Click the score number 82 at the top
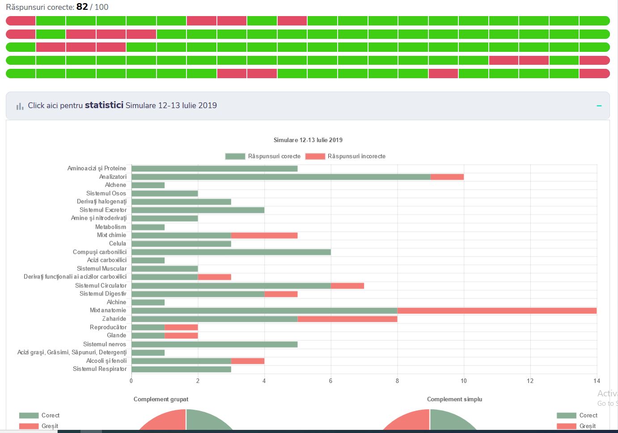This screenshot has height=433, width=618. coord(82,7)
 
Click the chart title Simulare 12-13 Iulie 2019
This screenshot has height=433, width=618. coord(308,140)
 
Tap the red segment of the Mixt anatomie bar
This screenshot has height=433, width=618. coord(496,311)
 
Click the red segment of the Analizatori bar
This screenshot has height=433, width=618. coord(447,177)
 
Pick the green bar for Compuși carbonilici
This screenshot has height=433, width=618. coord(231,252)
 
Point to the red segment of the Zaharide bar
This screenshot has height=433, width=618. coord(347,319)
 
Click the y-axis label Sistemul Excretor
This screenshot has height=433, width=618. coord(103,210)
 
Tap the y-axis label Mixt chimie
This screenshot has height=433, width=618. coord(111,235)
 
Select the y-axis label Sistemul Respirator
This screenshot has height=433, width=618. coord(100,369)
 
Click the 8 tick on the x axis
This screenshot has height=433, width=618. coord(397,381)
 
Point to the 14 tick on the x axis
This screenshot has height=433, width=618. coord(597,381)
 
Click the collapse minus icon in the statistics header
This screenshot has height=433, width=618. coord(599,106)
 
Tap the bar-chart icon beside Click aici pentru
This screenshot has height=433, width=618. coord(20,106)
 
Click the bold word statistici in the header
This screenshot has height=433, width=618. coord(104,105)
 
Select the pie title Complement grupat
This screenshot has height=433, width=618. coord(161,399)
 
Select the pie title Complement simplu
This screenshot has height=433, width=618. coord(454,399)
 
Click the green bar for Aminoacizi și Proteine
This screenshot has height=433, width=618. coord(214,168)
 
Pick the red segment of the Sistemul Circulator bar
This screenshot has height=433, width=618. coord(347,286)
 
